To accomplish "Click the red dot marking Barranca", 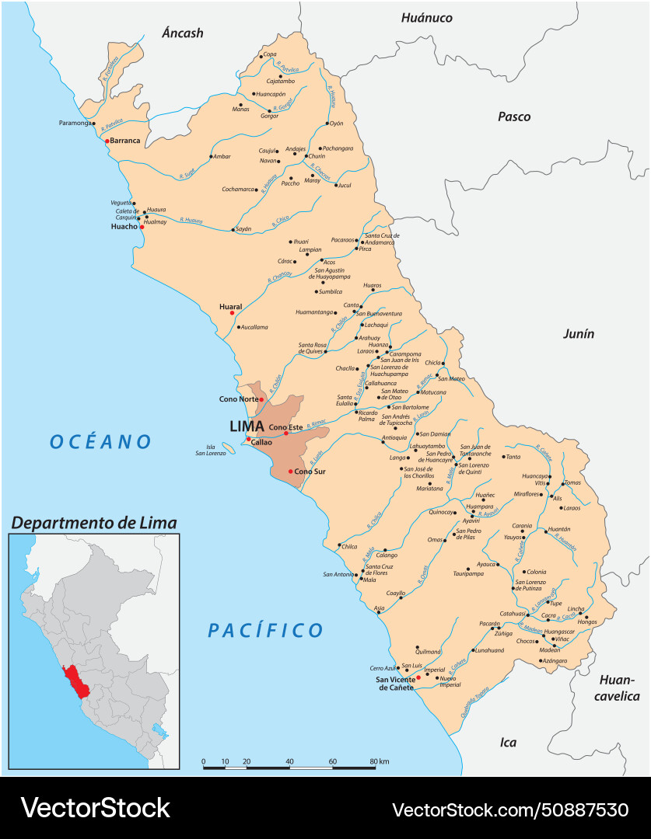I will click(x=107, y=141).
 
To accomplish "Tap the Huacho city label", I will click(x=124, y=227).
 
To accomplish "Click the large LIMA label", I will click(x=247, y=426).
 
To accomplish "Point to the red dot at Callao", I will click(x=248, y=440).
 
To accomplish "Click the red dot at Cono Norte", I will click(x=261, y=399).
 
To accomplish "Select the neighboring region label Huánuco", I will click(x=426, y=17).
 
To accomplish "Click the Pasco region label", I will click(x=514, y=117).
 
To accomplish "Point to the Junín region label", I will click(x=578, y=333).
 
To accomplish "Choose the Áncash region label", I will click(x=182, y=33).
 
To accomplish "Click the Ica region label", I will click(x=507, y=743).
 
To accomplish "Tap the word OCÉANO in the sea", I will click(x=101, y=442).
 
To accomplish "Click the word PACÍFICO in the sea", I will click(x=265, y=630).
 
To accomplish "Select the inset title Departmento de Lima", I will click(x=93, y=523).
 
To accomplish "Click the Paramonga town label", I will click(x=75, y=123).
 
